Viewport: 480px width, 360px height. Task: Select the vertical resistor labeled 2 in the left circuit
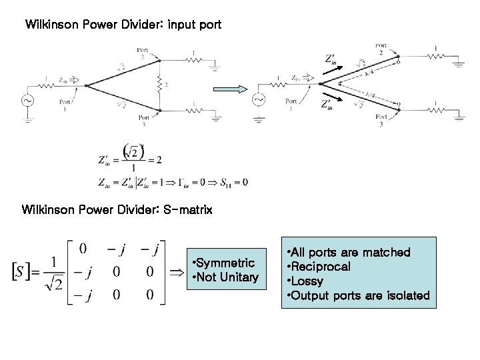point(159,85)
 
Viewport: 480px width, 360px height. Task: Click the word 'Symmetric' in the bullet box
point(223,264)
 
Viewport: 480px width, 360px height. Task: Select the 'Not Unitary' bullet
point(225,277)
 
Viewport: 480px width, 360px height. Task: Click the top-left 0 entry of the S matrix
point(83,249)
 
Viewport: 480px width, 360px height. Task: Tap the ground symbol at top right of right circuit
point(459,65)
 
